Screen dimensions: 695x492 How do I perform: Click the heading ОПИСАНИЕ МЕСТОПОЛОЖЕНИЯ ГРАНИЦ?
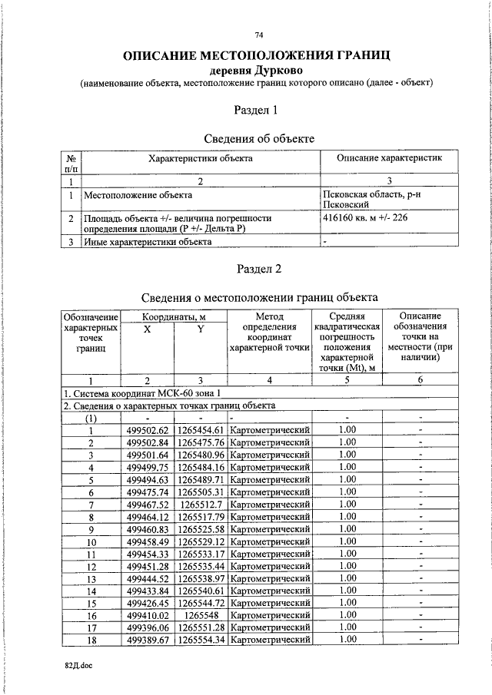pyautogui.click(x=258, y=55)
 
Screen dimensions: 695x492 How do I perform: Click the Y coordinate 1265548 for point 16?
pyautogui.click(x=201, y=615)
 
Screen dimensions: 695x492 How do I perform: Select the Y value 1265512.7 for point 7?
pyautogui.click(x=201, y=504)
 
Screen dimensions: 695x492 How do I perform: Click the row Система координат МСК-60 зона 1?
pyautogui.click(x=146, y=392)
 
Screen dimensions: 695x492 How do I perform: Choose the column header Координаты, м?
pyautogui.click(x=175, y=316)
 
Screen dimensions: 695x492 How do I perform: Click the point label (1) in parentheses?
pyautogui.click(x=91, y=418)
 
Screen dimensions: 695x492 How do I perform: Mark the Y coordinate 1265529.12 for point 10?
pyautogui.click(x=201, y=541)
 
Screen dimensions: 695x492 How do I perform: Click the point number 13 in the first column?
pyautogui.click(x=91, y=578)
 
